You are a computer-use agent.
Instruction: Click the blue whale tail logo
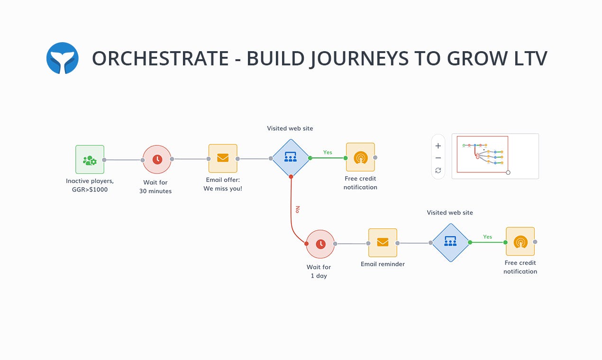coord(63,58)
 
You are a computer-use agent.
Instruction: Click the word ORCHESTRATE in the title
coord(160,58)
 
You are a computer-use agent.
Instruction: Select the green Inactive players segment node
coord(90,160)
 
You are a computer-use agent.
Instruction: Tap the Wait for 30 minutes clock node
coord(157,160)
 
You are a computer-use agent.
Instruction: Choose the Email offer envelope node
coord(223,159)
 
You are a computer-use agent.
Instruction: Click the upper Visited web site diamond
coord(290,158)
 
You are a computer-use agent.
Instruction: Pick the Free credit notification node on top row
coord(360,157)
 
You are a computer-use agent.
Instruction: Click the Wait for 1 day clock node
coord(320,244)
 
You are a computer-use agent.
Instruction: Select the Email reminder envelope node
coord(383,243)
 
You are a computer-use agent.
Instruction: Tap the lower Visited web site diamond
coord(450,243)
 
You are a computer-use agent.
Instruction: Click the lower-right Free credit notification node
coord(520,242)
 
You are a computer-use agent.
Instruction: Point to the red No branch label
coord(297,209)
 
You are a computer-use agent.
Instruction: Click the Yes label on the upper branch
coord(328,153)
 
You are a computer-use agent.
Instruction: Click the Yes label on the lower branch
coord(487,237)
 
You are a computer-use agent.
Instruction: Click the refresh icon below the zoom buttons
coord(438,171)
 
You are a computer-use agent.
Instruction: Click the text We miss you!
coord(223,189)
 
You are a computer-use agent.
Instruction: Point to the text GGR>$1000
coord(90,190)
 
